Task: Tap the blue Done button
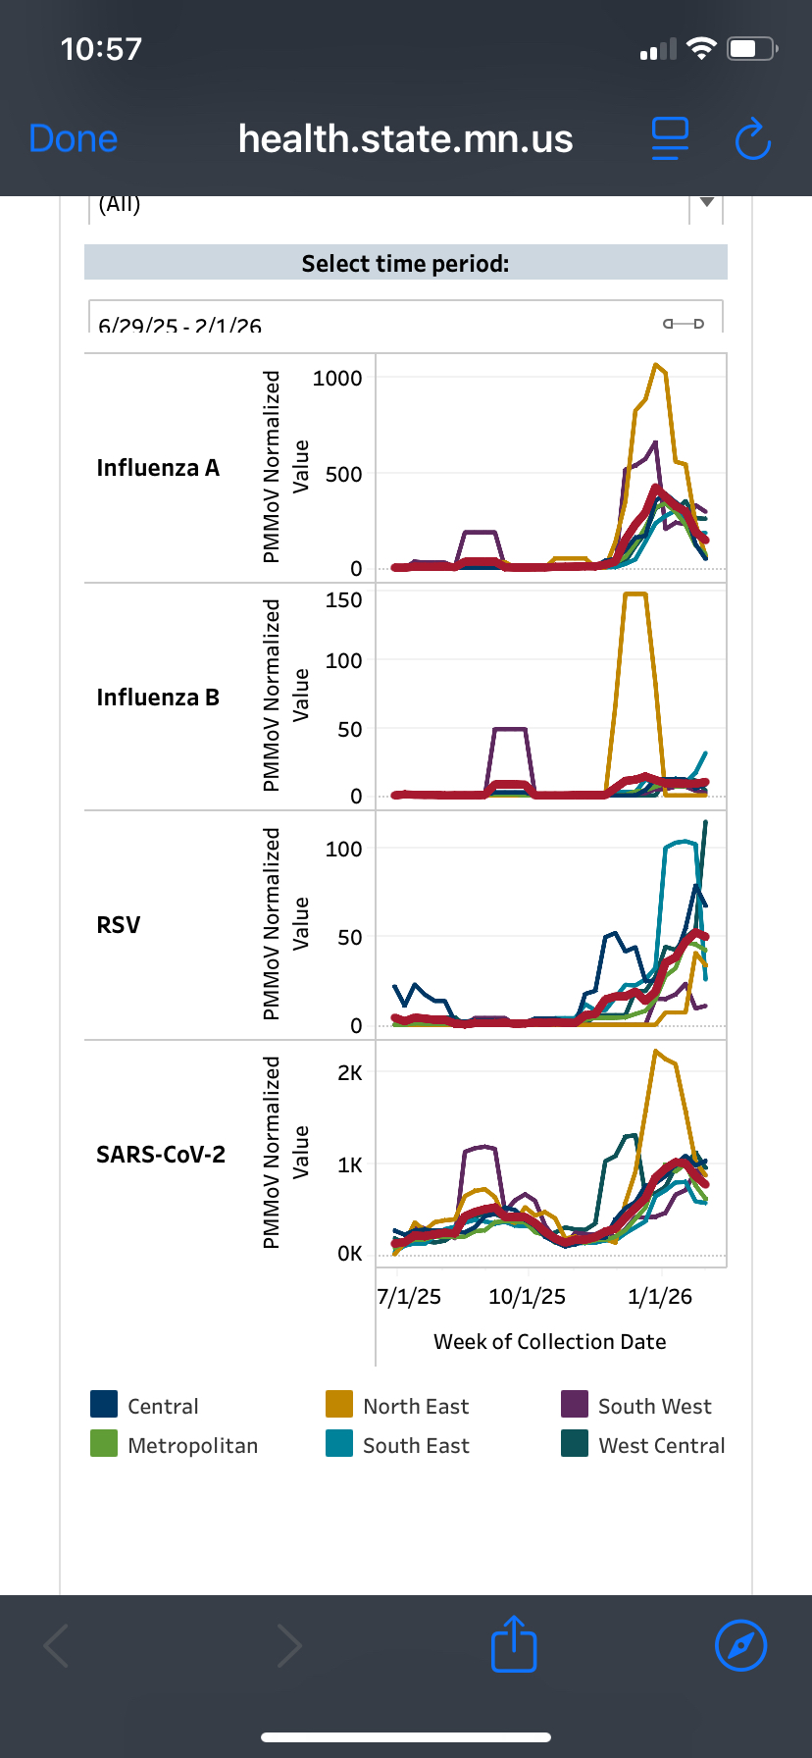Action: click(x=74, y=139)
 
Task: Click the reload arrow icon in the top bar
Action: click(x=752, y=139)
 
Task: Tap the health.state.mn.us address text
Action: click(x=405, y=139)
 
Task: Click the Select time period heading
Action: click(x=405, y=263)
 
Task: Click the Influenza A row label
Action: click(x=158, y=468)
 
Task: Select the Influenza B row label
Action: click(x=158, y=698)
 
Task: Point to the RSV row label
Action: click(x=119, y=925)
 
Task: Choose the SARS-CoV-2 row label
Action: click(x=161, y=1155)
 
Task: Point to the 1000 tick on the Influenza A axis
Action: click(x=337, y=379)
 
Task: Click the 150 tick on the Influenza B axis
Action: click(x=343, y=600)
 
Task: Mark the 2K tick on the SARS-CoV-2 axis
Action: click(x=349, y=1073)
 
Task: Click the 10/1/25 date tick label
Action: click(x=527, y=1297)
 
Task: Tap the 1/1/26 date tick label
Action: click(x=660, y=1297)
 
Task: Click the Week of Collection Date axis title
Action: click(x=549, y=1342)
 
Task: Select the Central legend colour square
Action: click(x=104, y=1404)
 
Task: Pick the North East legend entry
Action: click(x=397, y=1406)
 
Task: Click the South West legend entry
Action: click(x=635, y=1406)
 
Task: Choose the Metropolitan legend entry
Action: click(x=174, y=1445)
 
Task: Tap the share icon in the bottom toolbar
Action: click(x=514, y=1645)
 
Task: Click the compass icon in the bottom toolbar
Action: click(x=741, y=1645)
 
